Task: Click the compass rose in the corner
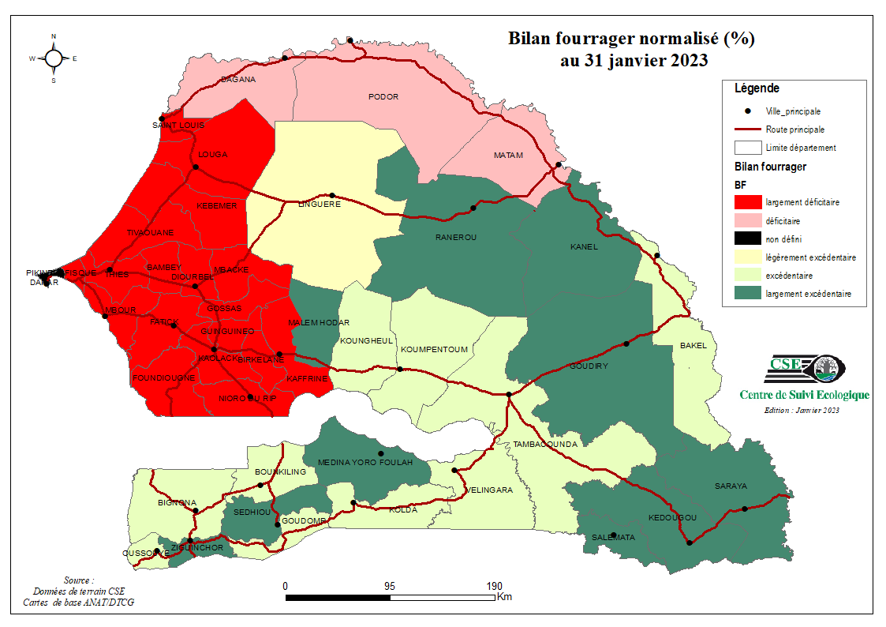(54, 58)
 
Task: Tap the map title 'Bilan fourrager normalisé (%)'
(631, 39)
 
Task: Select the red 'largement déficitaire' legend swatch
(746, 202)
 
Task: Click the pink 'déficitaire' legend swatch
(746, 220)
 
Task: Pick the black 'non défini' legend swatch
(746, 239)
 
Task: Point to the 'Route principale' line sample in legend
(746, 130)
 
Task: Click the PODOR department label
(383, 97)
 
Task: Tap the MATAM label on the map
(508, 156)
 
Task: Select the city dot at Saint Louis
(162, 118)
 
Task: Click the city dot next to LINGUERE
(332, 195)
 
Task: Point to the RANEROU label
(456, 237)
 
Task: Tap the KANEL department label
(584, 246)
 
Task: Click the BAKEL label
(693, 346)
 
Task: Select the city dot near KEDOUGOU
(689, 543)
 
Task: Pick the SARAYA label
(731, 486)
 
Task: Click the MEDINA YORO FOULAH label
(364, 462)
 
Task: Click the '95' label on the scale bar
(389, 586)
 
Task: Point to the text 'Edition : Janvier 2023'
(802, 410)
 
